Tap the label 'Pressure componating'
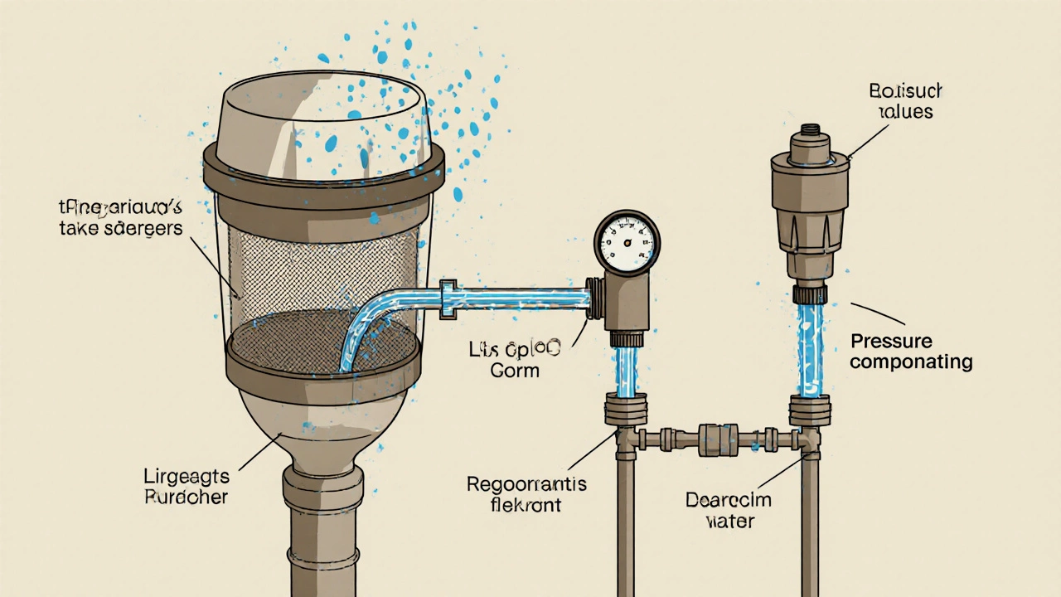[911, 352]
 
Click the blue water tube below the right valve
[809, 348]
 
